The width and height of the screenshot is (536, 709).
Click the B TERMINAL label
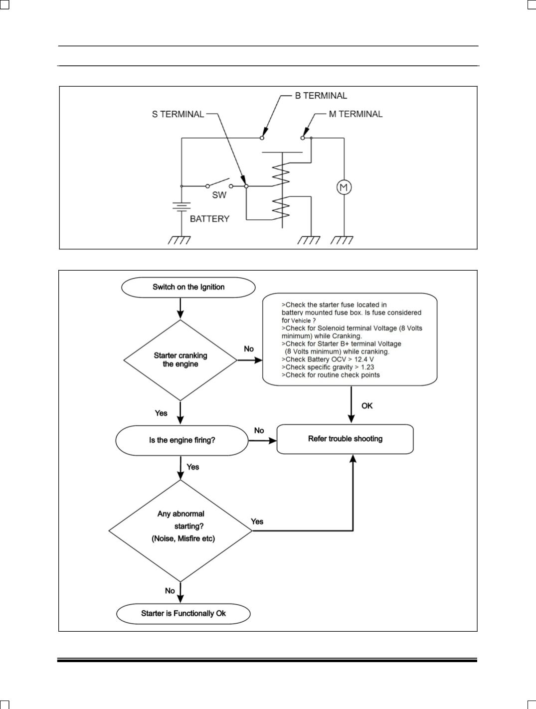pyautogui.click(x=321, y=96)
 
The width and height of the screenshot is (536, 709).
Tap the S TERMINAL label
pyautogui.click(x=178, y=114)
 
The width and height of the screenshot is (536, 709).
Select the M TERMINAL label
pyautogui.click(x=356, y=114)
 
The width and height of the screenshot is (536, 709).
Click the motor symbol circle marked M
pyautogui.click(x=344, y=187)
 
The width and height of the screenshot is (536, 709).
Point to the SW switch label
pyautogui.click(x=219, y=195)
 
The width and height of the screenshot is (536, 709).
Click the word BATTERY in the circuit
pyautogui.click(x=209, y=219)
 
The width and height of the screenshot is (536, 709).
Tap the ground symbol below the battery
pyautogui.click(x=179, y=240)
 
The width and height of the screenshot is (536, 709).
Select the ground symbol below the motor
pyautogui.click(x=342, y=240)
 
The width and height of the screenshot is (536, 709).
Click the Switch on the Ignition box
pyautogui.click(x=188, y=287)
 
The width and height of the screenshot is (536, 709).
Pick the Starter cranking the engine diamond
pyautogui.click(x=180, y=360)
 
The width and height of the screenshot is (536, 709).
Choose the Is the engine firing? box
pyautogui.click(x=182, y=440)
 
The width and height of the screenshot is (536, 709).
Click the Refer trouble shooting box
pyautogui.click(x=345, y=439)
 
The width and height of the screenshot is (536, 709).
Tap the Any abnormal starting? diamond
pyautogui.click(x=180, y=531)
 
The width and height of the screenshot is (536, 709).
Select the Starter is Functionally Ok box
pyautogui.click(x=183, y=613)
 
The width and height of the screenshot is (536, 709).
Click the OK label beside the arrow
pyautogui.click(x=367, y=406)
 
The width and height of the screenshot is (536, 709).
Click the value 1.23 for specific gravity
pyautogui.click(x=367, y=367)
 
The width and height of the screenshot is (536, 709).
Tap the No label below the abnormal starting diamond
pyautogui.click(x=170, y=591)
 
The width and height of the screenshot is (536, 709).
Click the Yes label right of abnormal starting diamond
pyautogui.click(x=257, y=522)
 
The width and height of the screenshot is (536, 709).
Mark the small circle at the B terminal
pyautogui.click(x=262, y=138)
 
